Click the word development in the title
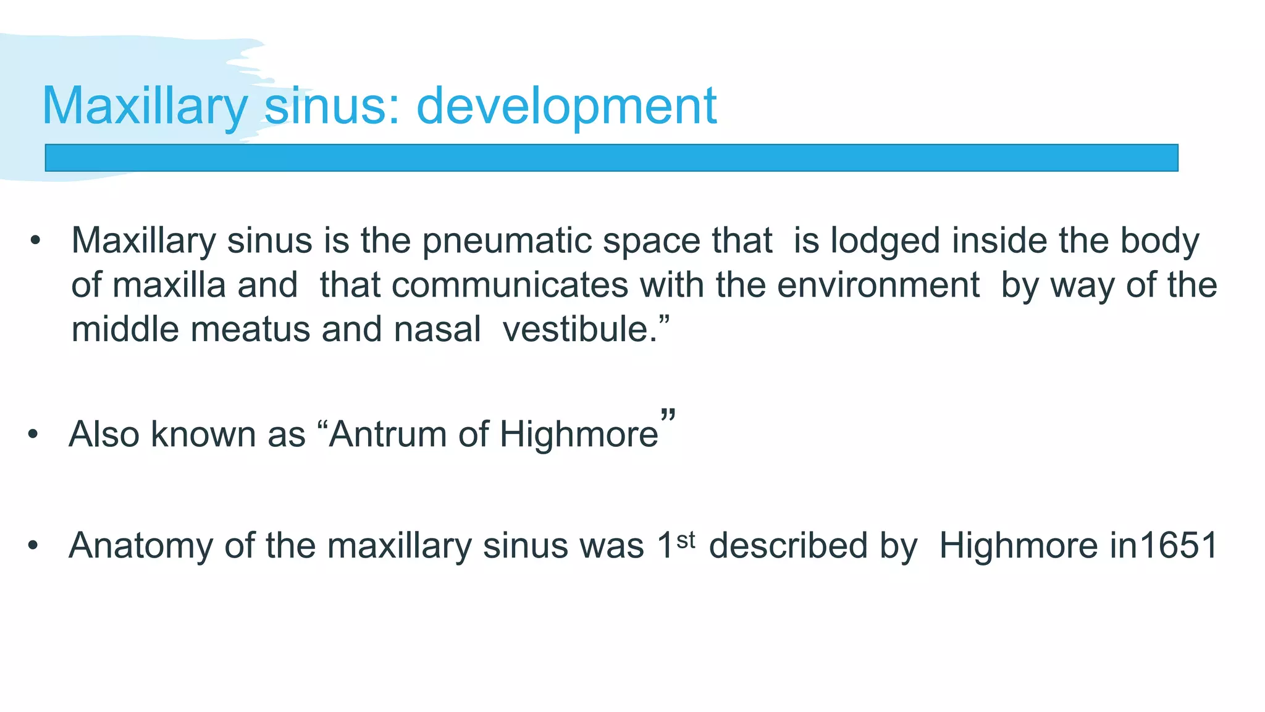tap(566, 106)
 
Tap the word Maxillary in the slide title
tap(145, 106)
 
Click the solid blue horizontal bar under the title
tap(611, 158)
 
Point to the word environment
tap(878, 285)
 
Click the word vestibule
tap(580, 329)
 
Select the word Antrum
tap(387, 434)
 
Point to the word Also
tap(104, 434)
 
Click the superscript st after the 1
tap(686, 540)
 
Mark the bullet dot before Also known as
tap(33, 434)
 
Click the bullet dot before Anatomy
tap(33, 546)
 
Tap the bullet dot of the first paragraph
tap(35, 241)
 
